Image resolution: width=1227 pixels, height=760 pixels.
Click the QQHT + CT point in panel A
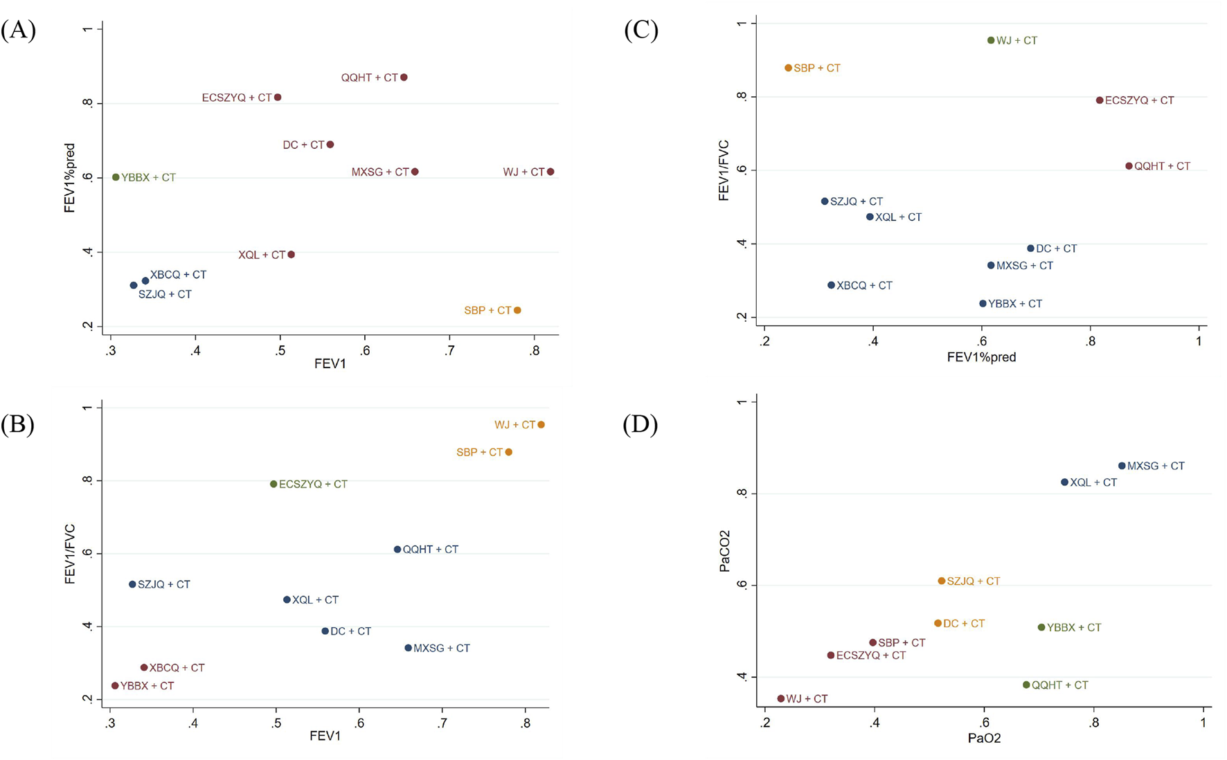pos(404,78)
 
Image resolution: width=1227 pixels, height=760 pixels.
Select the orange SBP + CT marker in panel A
pos(517,310)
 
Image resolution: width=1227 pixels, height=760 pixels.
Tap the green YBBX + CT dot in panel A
pos(116,177)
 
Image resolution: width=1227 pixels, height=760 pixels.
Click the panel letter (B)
pos(18,424)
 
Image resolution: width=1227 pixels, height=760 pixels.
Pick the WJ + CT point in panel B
pos(541,425)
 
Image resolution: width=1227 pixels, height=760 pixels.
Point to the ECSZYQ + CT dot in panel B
pos(274,485)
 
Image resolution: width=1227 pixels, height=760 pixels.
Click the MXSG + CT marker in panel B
pos(408,649)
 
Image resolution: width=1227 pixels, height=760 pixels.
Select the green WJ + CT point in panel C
pos(991,41)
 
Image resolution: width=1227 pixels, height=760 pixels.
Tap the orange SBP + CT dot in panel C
pos(788,68)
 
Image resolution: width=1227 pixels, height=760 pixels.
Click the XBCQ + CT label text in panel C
pos(864,286)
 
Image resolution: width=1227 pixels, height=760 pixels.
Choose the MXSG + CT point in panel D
pos(1122,467)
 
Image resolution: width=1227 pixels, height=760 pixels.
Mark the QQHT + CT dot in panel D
pos(1026,685)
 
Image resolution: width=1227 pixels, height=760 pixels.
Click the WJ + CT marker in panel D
pos(781,699)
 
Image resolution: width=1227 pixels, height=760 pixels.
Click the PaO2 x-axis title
pos(984,739)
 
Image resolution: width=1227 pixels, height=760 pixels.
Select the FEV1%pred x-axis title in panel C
pos(981,358)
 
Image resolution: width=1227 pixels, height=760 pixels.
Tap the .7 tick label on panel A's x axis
pos(450,351)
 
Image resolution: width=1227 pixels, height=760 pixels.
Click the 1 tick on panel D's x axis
pos(1203,723)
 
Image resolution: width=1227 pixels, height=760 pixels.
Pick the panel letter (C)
pos(641,30)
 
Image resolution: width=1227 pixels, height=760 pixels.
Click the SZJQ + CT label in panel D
pos(973,581)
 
